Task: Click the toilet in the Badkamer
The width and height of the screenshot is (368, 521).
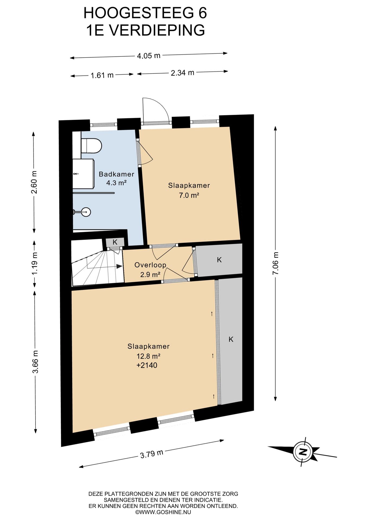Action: tap(91, 146)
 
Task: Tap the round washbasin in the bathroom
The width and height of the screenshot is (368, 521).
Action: tap(86, 212)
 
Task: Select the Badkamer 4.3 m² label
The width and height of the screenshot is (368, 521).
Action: tap(116, 178)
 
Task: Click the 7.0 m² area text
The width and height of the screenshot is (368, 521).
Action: tap(189, 195)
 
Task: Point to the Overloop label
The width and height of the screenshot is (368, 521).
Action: tap(150, 265)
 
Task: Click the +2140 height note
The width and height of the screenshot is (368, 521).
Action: tap(147, 365)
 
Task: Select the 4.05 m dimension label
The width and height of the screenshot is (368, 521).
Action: tap(149, 56)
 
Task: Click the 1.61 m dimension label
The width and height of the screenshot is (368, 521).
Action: tap(102, 75)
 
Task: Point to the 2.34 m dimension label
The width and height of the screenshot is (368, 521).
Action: tap(182, 73)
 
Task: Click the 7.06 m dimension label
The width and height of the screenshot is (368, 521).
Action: tap(276, 263)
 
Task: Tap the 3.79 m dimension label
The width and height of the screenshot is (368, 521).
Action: tap(152, 454)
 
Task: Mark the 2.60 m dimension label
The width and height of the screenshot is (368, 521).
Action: tap(34, 182)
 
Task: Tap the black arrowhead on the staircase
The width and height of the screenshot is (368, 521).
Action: tap(119, 266)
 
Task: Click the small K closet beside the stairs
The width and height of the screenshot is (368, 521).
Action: tap(115, 242)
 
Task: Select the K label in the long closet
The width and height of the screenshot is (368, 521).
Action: tap(231, 339)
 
